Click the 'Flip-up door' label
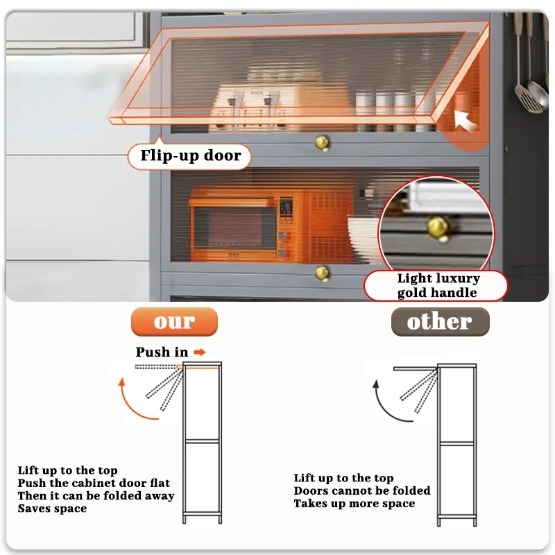(x=190, y=156)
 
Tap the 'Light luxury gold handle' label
(x=438, y=285)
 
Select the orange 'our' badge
(x=174, y=322)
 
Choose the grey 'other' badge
(x=440, y=322)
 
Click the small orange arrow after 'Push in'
(x=200, y=352)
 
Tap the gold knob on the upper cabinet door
(x=323, y=142)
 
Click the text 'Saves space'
(x=53, y=509)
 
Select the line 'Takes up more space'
(x=354, y=503)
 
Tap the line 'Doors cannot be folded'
(x=361, y=490)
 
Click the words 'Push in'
(x=162, y=352)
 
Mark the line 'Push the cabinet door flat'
(x=94, y=483)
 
